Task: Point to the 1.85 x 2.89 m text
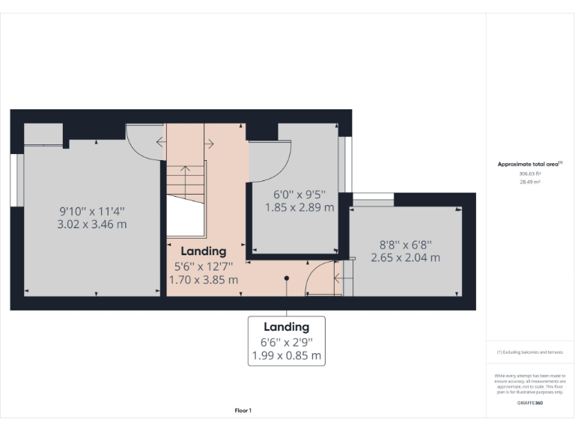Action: click(299, 207)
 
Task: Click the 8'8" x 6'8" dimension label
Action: click(405, 244)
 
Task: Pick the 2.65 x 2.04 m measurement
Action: click(405, 257)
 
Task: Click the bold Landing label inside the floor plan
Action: click(203, 251)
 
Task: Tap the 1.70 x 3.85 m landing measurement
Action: click(203, 280)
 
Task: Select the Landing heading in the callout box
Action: click(286, 327)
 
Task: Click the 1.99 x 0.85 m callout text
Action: click(286, 355)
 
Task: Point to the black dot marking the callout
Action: click(286, 278)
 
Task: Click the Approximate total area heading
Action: click(529, 164)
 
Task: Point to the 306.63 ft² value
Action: click(529, 173)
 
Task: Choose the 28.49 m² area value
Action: click(529, 181)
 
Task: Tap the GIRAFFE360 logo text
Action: click(529, 403)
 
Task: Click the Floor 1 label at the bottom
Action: click(243, 410)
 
